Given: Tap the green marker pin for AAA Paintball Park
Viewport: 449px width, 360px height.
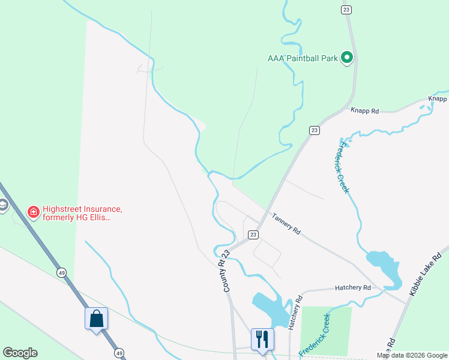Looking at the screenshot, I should tap(347, 58).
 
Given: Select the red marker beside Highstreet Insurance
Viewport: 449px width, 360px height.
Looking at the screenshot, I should tap(34, 212).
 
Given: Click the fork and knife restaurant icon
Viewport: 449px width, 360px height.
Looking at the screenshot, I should tap(262, 339).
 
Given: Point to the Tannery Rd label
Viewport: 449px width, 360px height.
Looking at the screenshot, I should tap(286, 223).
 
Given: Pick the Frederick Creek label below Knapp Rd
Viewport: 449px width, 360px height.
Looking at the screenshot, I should tap(343, 166).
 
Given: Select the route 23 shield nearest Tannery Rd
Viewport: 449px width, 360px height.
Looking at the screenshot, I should tap(254, 235).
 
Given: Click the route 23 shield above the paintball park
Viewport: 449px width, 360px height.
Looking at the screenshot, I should tap(346, 10).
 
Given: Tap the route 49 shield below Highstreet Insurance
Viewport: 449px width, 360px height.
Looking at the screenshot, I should tap(61, 272).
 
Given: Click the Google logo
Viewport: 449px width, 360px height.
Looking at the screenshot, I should tap(20, 353).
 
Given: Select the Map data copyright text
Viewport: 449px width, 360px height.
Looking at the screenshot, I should tap(412, 355).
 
